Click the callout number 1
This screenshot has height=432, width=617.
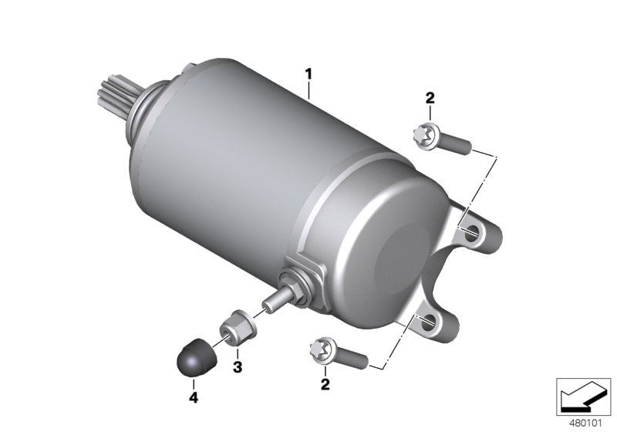(309, 74)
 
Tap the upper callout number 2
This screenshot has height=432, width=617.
(430, 98)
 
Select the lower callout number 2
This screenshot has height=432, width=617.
(325, 383)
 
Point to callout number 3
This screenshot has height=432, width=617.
(238, 367)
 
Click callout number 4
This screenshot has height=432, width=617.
(194, 397)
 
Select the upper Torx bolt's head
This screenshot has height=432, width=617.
(426, 136)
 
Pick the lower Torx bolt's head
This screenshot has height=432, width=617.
(322, 349)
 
